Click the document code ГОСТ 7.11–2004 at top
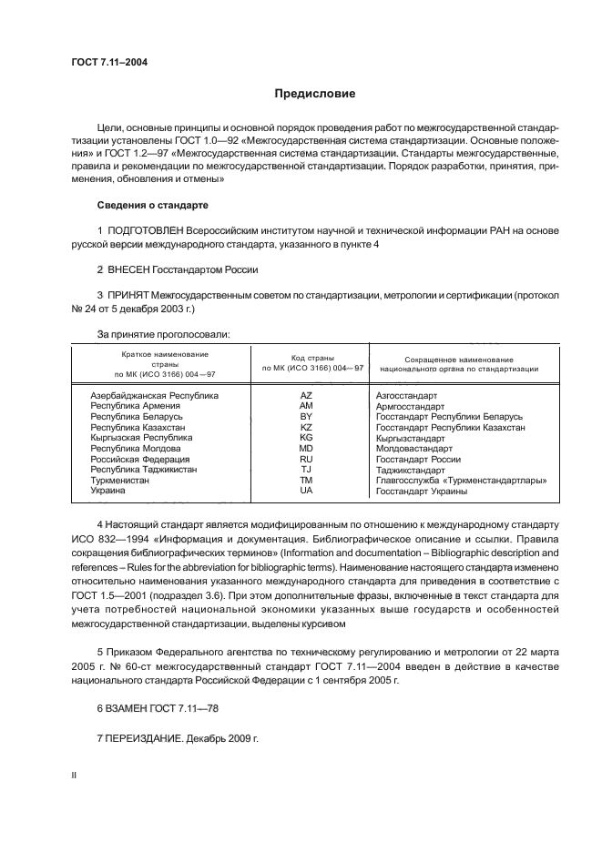tap(109, 62)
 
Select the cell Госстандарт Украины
tap(421, 492)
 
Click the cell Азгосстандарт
tap(406, 396)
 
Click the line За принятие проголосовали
tap(163, 334)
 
